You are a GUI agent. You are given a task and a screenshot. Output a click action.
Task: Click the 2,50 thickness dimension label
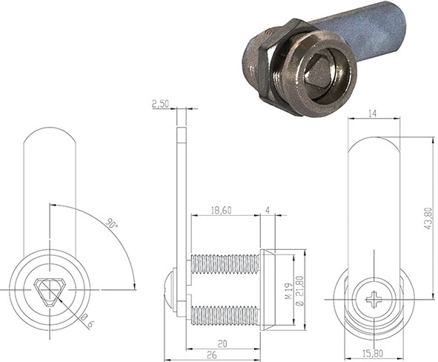pyautogui.click(x=160, y=105)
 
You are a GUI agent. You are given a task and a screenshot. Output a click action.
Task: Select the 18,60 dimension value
pyautogui.click(x=220, y=211)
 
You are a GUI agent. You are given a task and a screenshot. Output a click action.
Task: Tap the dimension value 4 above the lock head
pyautogui.click(x=268, y=211)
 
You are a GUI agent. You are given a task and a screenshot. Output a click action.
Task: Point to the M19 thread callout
pyautogui.click(x=286, y=287)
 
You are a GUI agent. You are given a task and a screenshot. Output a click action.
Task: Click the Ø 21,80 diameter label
pyautogui.click(x=299, y=290)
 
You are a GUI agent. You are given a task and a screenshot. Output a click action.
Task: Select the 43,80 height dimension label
pyautogui.click(x=428, y=216)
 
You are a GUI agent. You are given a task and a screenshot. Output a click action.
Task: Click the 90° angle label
pyautogui.click(x=111, y=223)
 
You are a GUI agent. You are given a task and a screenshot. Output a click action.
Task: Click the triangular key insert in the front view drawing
pyautogui.click(x=50, y=289)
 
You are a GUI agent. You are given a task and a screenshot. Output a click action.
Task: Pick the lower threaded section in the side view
pyautogui.click(x=225, y=315)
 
